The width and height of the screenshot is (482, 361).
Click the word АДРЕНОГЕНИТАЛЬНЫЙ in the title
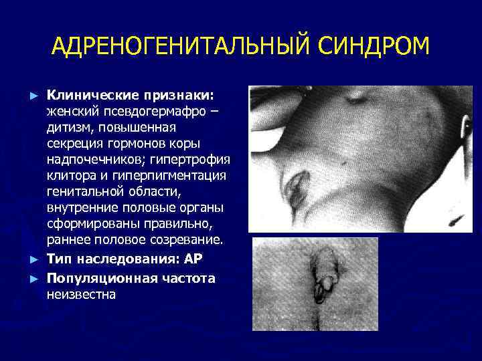(x=173, y=48)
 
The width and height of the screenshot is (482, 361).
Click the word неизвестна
(x=82, y=293)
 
